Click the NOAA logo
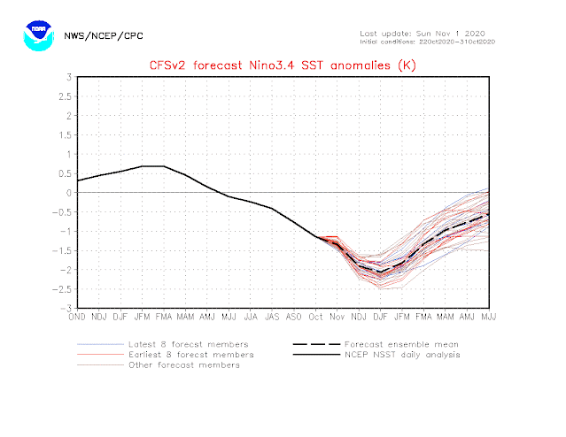(x=36, y=35)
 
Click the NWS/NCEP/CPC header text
(x=104, y=36)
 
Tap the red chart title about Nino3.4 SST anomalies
(x=282, y=64)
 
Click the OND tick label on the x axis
(x=78, y=316)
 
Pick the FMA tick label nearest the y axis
(x=164, y=316)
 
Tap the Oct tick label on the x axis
(x=315, y=316)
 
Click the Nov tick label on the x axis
(x=337, y=316)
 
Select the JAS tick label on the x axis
(x=272, y=316)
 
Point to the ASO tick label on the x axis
(x=293, y=316)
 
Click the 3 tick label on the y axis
(x=68, y=77)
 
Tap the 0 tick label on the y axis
(x=68, y=193)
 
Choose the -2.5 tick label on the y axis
(x=63, y=289)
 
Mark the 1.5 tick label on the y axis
(x=65, y=134)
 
